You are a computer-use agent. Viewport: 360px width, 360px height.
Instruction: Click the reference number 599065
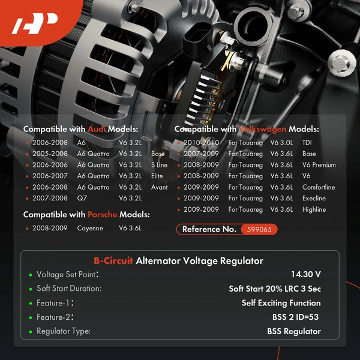[259, 229]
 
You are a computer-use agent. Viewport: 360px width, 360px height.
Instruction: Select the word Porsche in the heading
[103, 214]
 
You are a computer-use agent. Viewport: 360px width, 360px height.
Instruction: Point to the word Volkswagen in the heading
[262, 129]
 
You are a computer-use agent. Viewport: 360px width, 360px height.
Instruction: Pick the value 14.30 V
[305, 274]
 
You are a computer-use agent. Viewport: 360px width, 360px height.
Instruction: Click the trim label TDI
[307, 143]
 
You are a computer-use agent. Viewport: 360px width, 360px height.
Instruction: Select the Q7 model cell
[82, 198]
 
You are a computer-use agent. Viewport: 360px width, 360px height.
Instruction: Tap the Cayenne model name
[90, 229]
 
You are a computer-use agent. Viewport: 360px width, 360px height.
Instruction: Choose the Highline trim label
[314, 209]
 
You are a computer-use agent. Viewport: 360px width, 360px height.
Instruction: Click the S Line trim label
[159, 165]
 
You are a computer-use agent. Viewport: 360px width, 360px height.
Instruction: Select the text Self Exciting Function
[281, 303]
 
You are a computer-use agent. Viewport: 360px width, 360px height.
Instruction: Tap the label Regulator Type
[64, 331]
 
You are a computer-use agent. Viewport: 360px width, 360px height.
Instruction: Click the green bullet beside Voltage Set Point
[30, 275]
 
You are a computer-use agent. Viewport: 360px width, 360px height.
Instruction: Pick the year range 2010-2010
[202, 143]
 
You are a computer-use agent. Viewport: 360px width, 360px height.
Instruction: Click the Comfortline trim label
[319, 187]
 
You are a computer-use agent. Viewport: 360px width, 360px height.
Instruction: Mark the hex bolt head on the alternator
[341, 59]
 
